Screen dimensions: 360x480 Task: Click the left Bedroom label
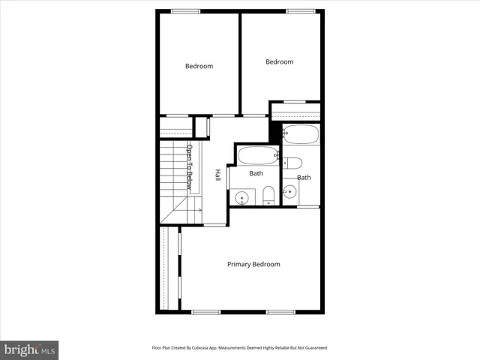pyautogui.click(x=199, y=66)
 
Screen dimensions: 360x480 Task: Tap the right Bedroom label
pyautogui.click(x=279, y=62)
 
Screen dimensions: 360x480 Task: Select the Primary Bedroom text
pyautogui.click(x=253, y=264)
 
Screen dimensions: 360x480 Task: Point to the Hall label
pyautogui.click(x=217, y=174)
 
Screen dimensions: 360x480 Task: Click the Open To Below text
pyautogui.click(x=190, y=166)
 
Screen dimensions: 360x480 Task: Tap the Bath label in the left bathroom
pyautogui.click(x=256, y=173)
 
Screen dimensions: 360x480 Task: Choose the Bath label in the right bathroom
pyautogui.click(x=304, y=178)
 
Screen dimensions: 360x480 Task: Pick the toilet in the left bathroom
pyautogui.click(x=268, y=196)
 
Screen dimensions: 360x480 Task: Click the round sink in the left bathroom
pyautogui.click(x=241, y=198)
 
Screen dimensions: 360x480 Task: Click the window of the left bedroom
pyautogui.click(x=185, y=10)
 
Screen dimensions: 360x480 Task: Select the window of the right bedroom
pyautogui.click(x=300, y=10)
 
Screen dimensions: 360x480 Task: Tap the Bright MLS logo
pyautogui.click(x=29, y=349)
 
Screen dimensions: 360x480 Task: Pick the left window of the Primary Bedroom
pyautogui.click(x=205, y=311)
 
